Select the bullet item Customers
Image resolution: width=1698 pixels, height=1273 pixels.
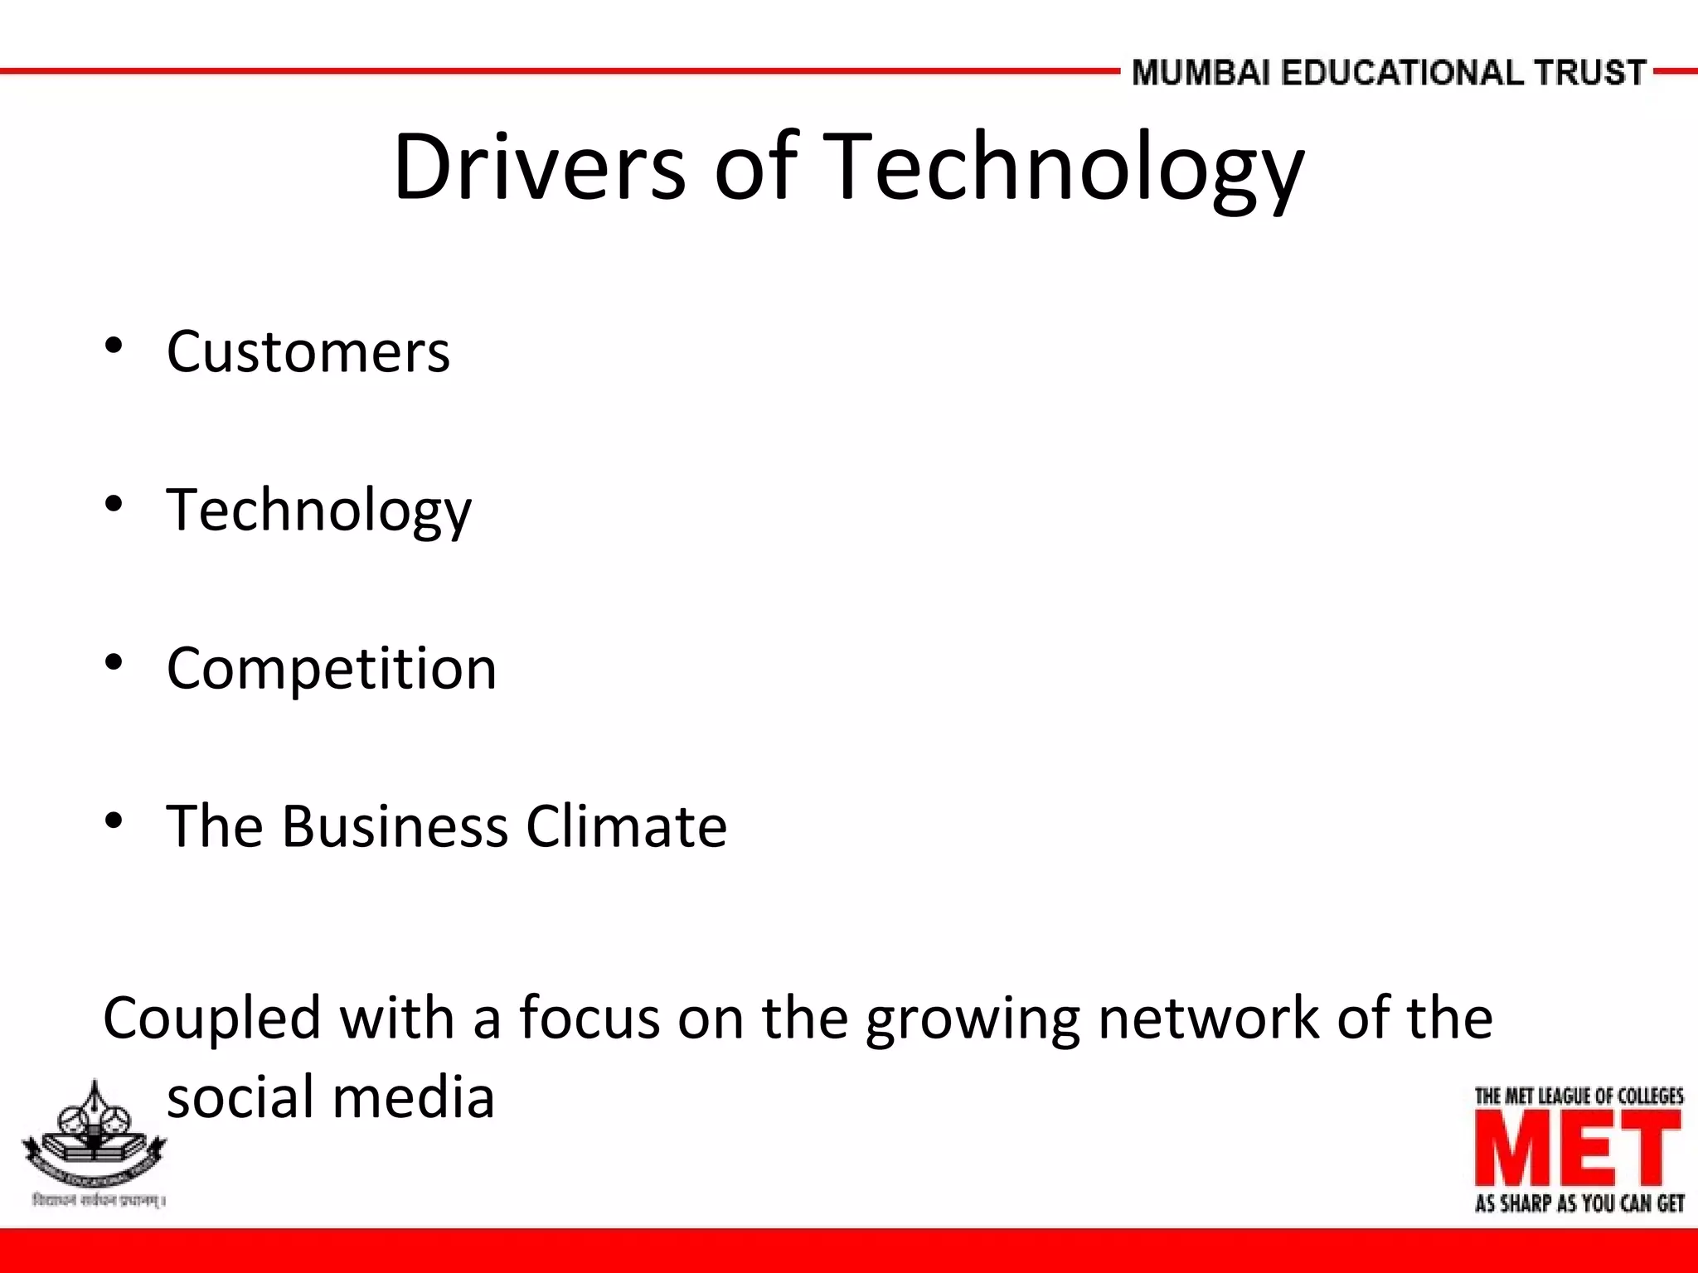coord(308,351)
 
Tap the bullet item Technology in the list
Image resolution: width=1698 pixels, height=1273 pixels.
coord(318,509)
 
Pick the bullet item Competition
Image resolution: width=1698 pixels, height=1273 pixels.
coord(331,668)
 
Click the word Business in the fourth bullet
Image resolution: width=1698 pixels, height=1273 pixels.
coord(394,826)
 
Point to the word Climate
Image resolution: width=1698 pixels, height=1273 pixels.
coord(626,826)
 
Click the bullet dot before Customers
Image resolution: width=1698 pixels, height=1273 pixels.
coord(114,346)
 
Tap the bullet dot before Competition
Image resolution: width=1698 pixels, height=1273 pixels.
coord(114,662)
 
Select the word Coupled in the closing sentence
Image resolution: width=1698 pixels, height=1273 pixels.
coord(211,1019)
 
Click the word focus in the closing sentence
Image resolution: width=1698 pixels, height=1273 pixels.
coord(589,1018)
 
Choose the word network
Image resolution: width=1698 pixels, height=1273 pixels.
coord(1208,1018)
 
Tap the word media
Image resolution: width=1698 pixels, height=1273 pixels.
coord(414,1096)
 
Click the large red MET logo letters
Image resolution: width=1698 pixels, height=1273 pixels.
coord(1578,1149)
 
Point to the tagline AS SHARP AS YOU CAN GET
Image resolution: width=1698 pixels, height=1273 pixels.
coord(1579,1203)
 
